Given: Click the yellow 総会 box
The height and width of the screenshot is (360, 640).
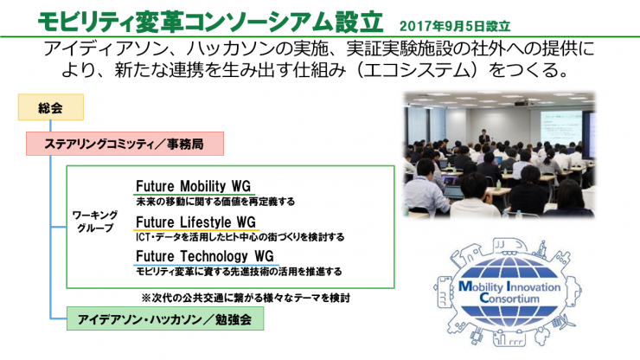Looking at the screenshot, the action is click(51, 107).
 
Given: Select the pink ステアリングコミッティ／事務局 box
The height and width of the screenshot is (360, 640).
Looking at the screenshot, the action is click(125, 144).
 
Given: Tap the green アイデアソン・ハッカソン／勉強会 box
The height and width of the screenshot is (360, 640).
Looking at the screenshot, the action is click(165, 318).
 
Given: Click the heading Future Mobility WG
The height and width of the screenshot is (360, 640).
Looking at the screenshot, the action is click(193, 186).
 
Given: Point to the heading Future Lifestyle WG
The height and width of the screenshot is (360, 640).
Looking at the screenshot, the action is click(195, 222).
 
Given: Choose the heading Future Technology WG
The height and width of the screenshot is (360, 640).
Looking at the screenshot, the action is click(204, 256).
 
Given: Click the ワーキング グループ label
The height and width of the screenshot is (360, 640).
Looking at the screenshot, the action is click(95, 222).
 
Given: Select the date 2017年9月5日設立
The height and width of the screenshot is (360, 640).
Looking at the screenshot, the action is click(455, 26).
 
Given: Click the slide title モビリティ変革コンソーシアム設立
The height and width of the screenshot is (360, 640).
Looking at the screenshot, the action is click(211, 22).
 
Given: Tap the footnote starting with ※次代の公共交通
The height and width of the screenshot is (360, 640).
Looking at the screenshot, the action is click(246, 298).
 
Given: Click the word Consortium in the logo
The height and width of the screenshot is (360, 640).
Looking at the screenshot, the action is click(509, 299).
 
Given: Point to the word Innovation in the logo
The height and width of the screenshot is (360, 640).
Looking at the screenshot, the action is click(533, 286).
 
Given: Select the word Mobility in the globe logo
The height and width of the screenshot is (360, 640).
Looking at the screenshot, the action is click(481, 286).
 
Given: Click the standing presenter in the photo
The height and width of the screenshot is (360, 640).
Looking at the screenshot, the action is click(484, 137).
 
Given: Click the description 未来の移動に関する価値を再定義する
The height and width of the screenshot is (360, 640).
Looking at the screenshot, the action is click(215, 202).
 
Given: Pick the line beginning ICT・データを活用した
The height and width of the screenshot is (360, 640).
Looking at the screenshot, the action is click(240, 237).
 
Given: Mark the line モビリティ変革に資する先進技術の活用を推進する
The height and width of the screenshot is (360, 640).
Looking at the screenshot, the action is click(239, 272).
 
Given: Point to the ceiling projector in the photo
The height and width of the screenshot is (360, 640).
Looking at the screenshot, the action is click(520, 102).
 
